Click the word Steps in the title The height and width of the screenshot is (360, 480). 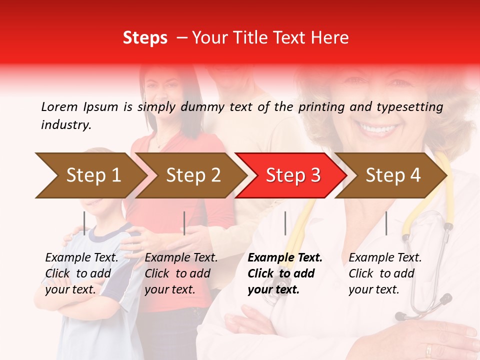145,37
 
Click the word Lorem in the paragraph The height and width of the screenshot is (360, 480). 59,106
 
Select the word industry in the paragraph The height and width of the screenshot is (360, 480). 66,124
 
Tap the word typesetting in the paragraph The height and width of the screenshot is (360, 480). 409,106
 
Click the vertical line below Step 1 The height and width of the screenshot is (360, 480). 84,223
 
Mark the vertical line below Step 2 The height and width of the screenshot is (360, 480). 184,223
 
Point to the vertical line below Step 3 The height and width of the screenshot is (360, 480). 285,223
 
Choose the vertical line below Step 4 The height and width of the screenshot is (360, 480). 386,223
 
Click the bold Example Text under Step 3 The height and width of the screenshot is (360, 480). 285,258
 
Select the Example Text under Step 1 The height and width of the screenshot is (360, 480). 81,258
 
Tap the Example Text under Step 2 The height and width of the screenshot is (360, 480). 181,258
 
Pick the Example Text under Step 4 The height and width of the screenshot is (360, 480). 385,258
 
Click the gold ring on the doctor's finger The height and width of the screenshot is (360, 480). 428,349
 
